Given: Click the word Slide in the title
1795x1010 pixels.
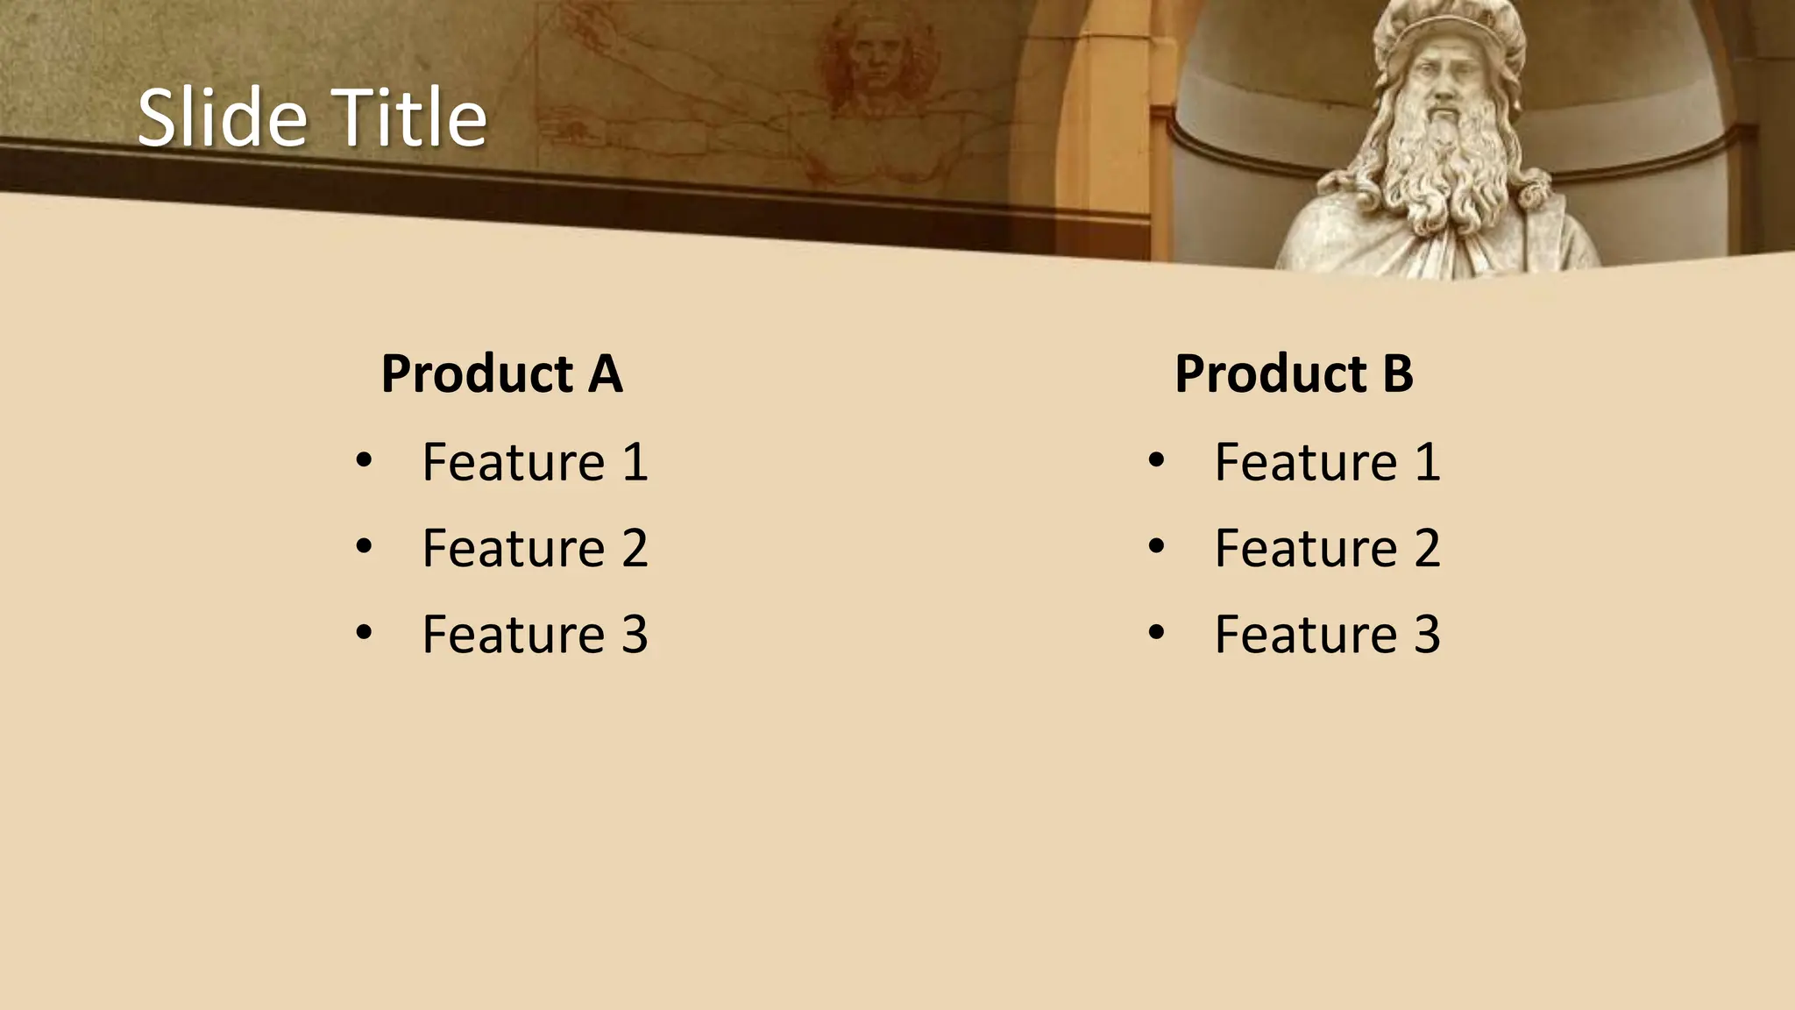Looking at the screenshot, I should [223, 117].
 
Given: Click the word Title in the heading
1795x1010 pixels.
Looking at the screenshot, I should [409, 117].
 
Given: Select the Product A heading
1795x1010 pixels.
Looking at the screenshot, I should [501, 374].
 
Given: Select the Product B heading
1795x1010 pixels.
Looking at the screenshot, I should [1294, 374].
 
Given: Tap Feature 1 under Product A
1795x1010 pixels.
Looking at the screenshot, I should [535, 462].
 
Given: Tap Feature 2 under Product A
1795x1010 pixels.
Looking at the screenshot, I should [535, 549].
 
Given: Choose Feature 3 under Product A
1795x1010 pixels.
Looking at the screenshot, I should [535, 635].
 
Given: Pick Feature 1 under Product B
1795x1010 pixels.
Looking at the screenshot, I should [1327, 462].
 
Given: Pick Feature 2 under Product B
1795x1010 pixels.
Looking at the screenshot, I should [1327, 549].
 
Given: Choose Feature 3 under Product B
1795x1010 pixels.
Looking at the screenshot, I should [1327, 635].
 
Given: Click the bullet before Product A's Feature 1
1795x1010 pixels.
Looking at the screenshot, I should [365, 460].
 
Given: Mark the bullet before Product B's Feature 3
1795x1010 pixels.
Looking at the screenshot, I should [1157, 633].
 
